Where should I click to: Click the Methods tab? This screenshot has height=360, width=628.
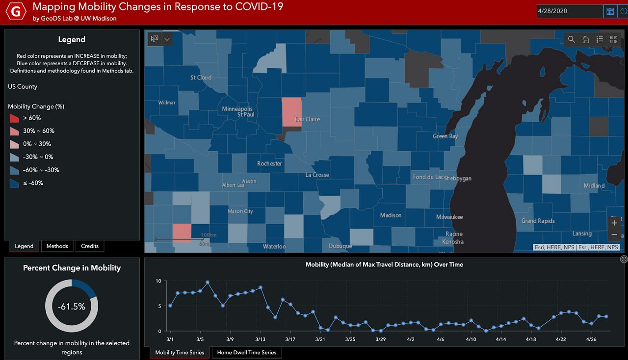(x=57, y=246)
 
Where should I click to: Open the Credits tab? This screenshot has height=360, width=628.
(x=90, y=246)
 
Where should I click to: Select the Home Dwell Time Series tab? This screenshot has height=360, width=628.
(x=247, y=352)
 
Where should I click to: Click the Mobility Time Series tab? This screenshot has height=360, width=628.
(x=180, y=352)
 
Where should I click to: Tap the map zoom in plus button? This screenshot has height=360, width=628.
(x=614, y=223)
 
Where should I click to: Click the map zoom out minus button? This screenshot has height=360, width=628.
(x=614, y=235)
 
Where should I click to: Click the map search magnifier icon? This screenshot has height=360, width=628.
(x=572, y=39)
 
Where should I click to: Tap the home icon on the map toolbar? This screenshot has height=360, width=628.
(x=585, y=39)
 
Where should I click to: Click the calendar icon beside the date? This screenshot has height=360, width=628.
(x=610, y=11)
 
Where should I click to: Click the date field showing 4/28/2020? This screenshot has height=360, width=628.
(x=569, y=11)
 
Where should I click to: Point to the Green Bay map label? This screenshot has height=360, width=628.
(x=445, y=136)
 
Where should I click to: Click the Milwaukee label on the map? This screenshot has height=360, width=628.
(x=449, y=217)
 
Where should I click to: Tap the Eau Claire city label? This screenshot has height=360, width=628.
(x=307, y=119)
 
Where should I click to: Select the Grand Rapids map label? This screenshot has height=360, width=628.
(x=538, y=221)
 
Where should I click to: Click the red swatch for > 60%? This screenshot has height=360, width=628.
(x=14, y=118)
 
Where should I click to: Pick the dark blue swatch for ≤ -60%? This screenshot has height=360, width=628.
(x=14, y=183)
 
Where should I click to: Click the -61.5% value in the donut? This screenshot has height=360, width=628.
(x=72, y=307)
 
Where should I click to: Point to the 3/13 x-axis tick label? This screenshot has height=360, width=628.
(x=261, y=339)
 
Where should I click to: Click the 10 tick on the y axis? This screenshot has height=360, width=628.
(x=158, y=281)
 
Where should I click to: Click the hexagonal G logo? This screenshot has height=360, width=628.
(x=16, y=12)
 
